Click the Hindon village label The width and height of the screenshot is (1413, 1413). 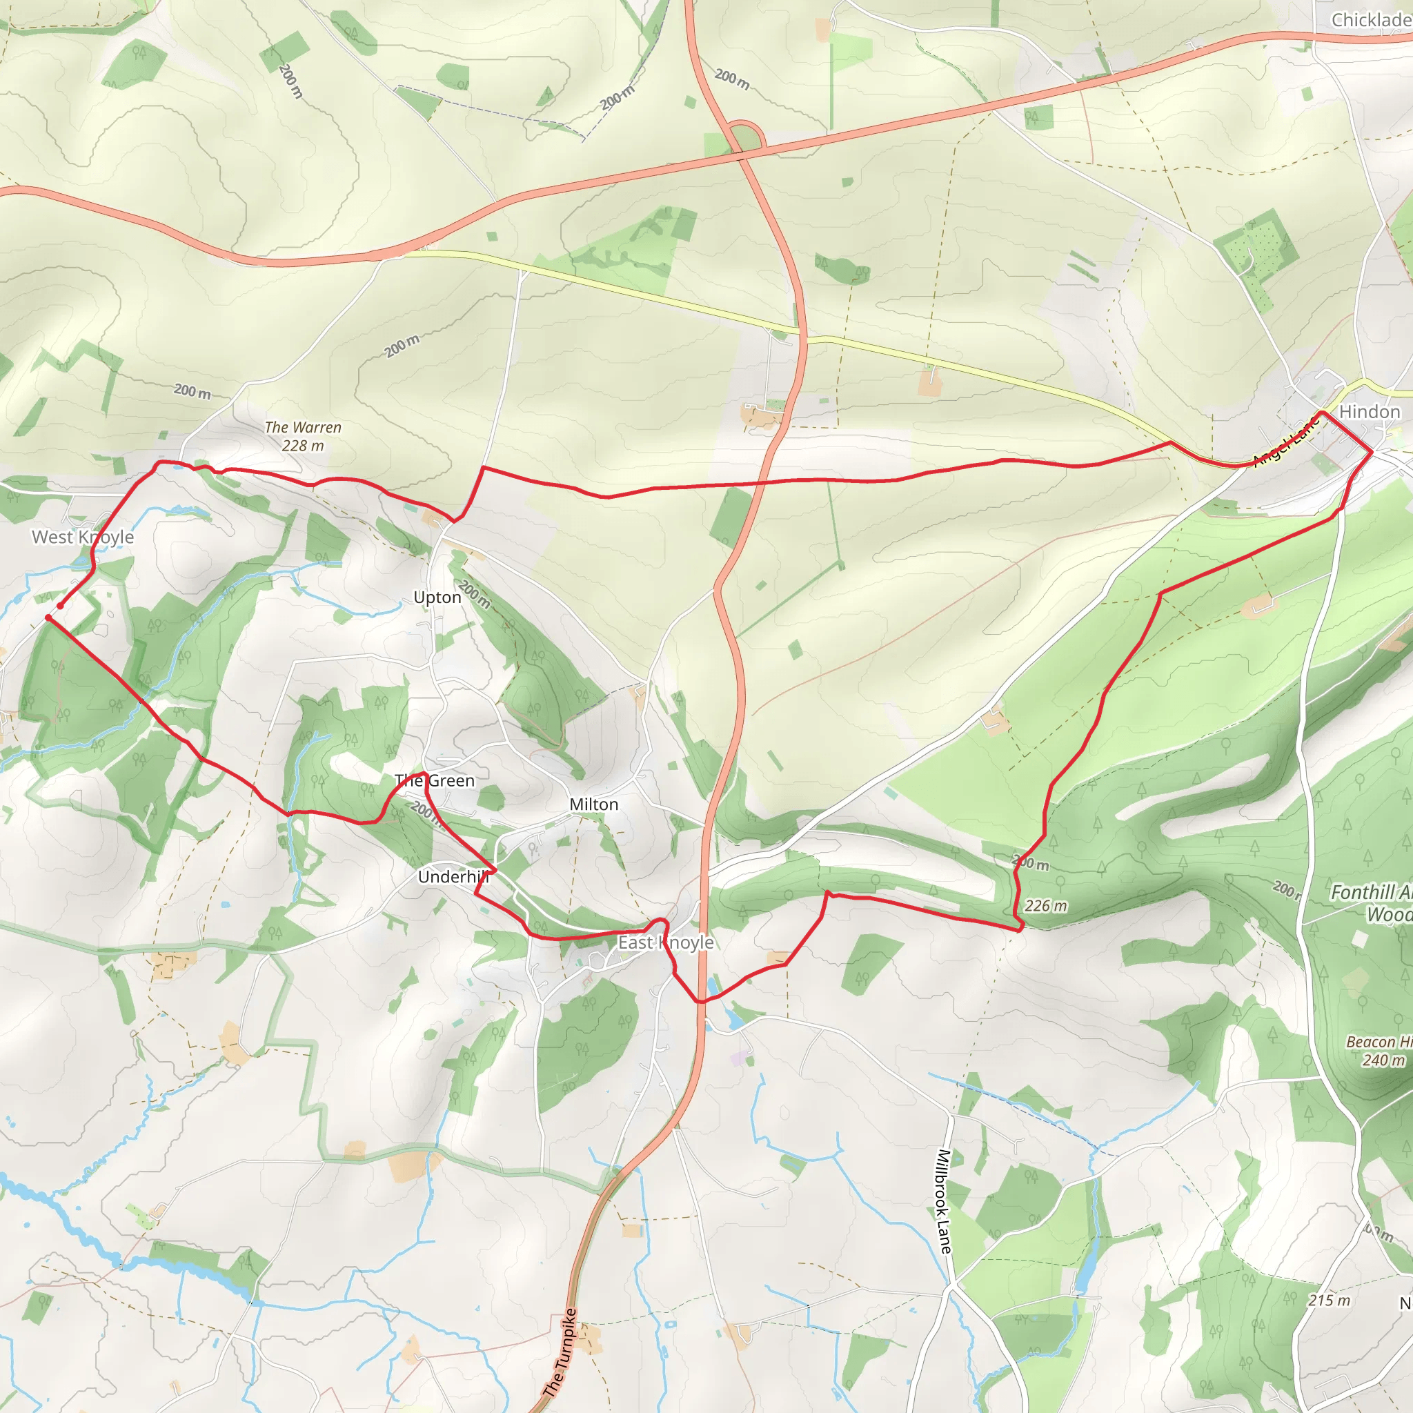click(x=1369, y=412)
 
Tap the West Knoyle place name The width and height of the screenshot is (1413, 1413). click(x=83, y=537)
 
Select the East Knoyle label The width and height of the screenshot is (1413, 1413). click(x=666, y=942)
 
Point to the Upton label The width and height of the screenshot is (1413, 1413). click(x=437, y=597)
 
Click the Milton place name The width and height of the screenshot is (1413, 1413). click(x=594, y=804)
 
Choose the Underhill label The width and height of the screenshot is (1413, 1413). click(x=453, y=876)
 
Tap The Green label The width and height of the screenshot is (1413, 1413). click(x=435, y=780)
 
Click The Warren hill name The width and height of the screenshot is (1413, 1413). click(x=303, y=427)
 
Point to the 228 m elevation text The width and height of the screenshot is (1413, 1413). click(x=303, y=446)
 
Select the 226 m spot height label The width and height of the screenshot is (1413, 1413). click(x=1046, y=906)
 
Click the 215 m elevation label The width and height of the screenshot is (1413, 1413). click(x=1329, y=1301)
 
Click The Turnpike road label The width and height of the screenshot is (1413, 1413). click(x=561, y=1352)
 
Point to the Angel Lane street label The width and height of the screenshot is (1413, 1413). click(x=1286, y=442)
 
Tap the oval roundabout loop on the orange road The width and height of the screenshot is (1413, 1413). click(x=745, y=137)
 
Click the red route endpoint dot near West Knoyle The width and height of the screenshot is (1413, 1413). click(x=60, y=606)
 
